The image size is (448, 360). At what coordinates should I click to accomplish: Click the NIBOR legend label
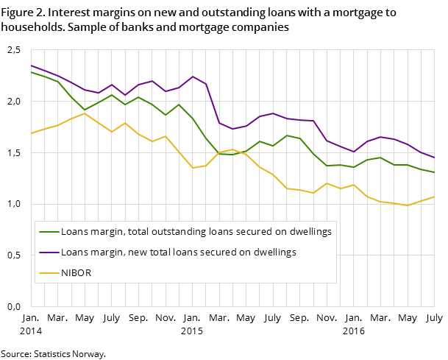[x=76, y=272]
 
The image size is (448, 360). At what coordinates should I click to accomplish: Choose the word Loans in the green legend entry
[x=74, y=231]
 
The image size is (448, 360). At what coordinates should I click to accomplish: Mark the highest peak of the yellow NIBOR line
[x=85, y=113]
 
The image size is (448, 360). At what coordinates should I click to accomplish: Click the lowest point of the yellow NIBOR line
[x=408, y=205]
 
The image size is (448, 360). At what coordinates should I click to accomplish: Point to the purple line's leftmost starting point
[x=31, y=66]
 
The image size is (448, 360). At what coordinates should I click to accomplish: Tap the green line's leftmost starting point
[x=31, y=72]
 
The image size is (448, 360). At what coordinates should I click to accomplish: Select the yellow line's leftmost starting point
[x=31, y=133]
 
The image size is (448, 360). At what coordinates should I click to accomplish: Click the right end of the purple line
[x=434, y=158]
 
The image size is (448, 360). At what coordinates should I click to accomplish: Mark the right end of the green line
[x=434, y=172]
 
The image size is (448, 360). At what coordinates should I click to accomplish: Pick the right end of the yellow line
[x=434, y=197]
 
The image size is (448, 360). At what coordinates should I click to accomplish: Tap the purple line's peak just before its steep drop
[x=192, y=77]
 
